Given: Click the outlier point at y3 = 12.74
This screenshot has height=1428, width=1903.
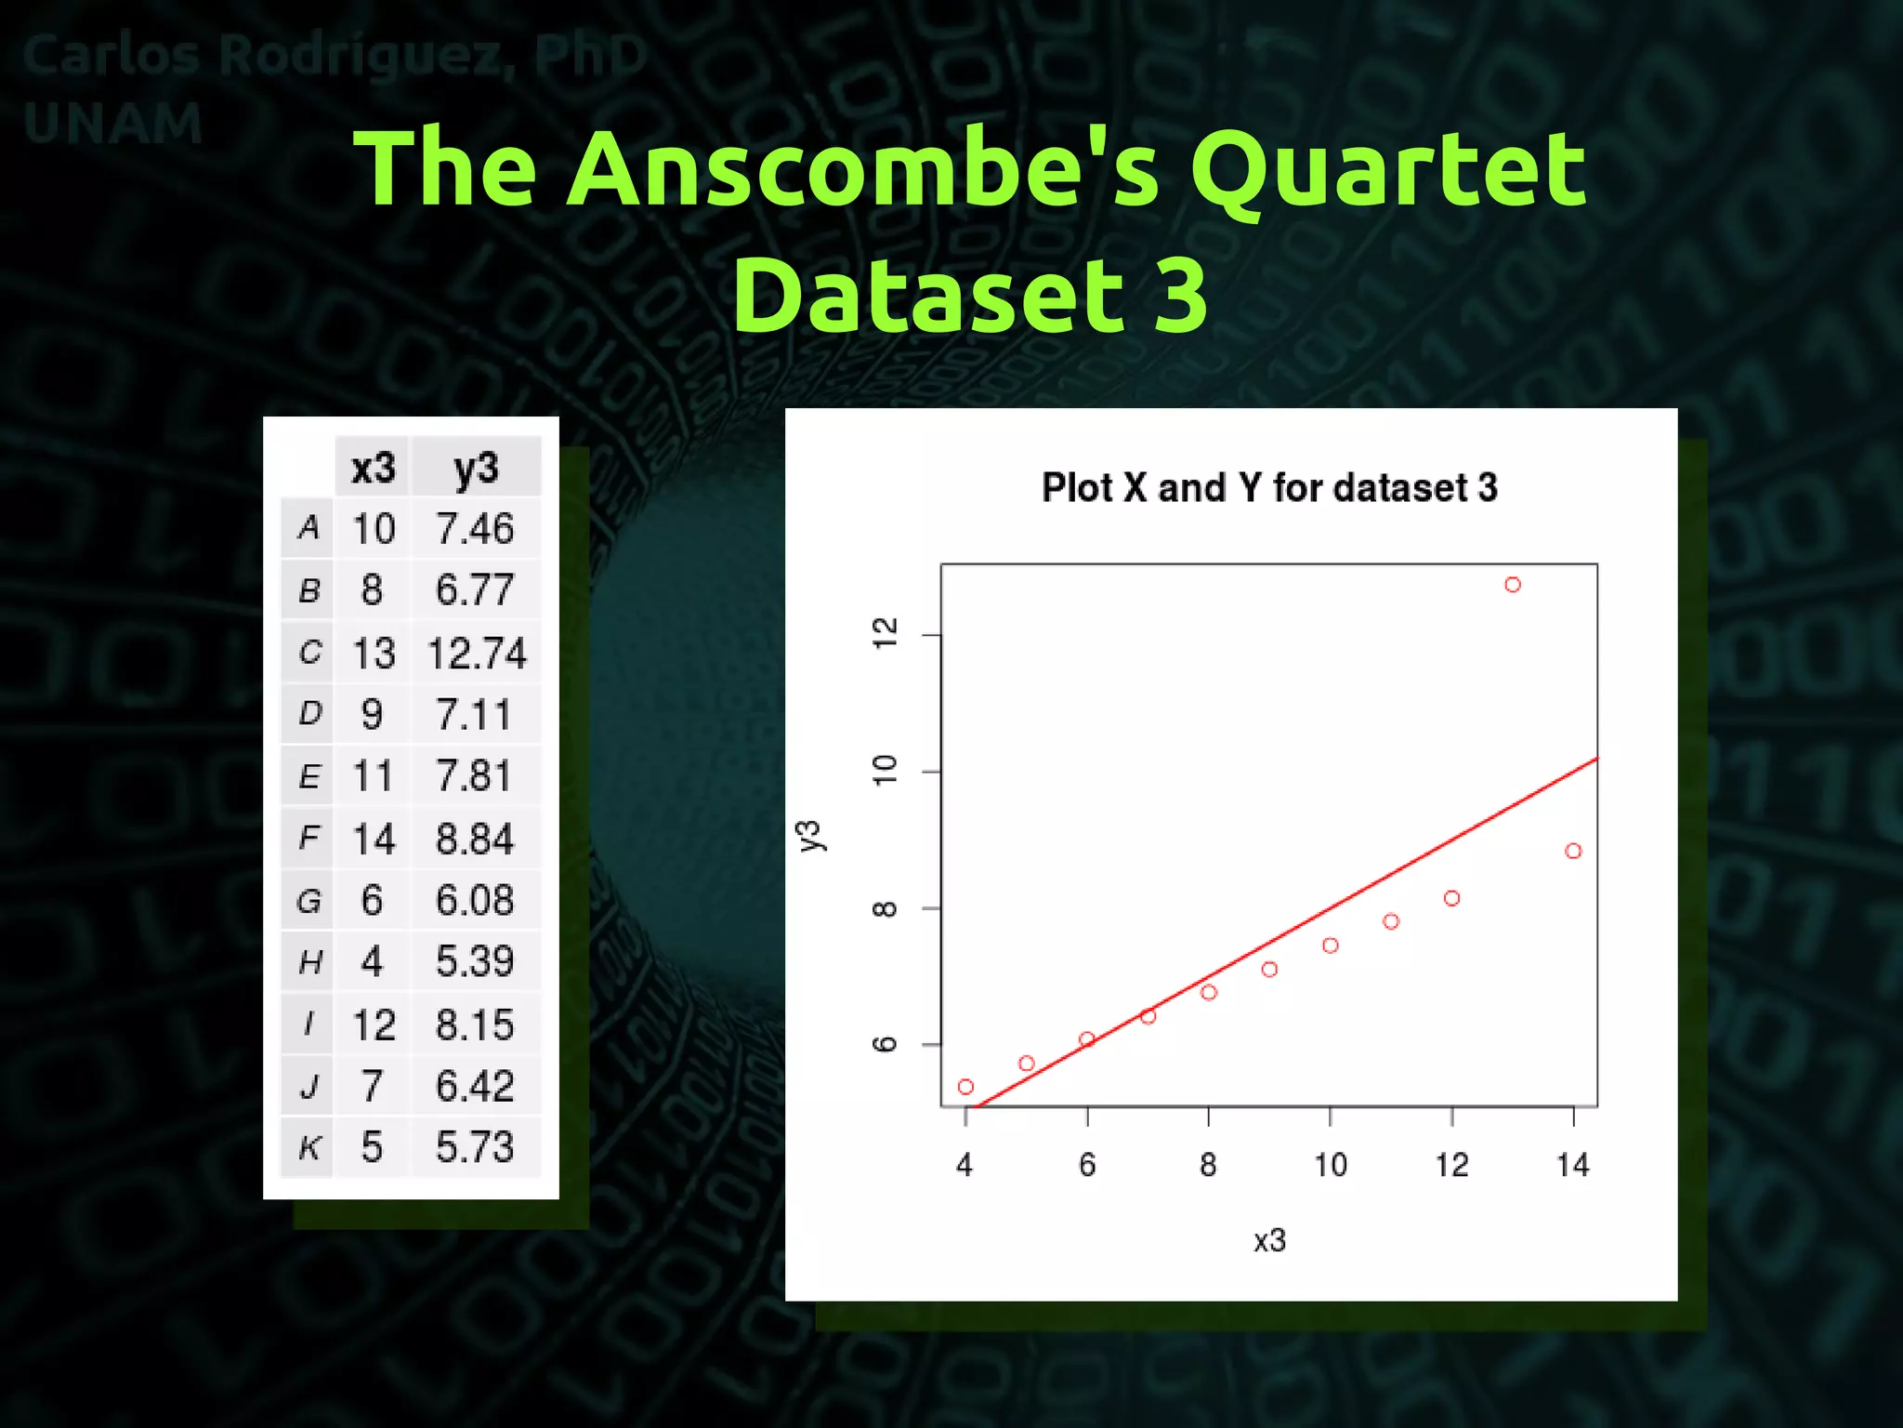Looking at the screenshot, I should (x=1512, y=585).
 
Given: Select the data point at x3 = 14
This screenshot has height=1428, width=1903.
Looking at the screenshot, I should (x=1572, y=851).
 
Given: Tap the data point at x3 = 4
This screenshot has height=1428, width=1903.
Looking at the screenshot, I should (x=965, y=1087).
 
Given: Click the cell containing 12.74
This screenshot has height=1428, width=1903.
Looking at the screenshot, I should (x=477, y=653).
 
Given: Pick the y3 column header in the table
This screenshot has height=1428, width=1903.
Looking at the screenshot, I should (x=476, y=468).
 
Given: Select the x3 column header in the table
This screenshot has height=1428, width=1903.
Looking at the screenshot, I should (x=373, y=468).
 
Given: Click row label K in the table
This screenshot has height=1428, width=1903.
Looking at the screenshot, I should (x=308, y=1148).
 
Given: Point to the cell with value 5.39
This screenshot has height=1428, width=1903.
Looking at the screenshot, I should (x=475, y=961).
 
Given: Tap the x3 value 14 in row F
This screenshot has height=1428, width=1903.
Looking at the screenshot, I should (x=373, y=840).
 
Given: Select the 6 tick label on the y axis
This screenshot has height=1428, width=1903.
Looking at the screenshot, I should (x=886, y=1044).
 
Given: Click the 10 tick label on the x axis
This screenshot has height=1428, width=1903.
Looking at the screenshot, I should (x=1330, y=1165).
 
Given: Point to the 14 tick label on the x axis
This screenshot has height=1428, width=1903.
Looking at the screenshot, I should (x=1572, y=1165).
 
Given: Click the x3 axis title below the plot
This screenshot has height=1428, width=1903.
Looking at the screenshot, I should (x=1269, y=1240).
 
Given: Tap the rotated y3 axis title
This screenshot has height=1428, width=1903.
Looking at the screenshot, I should (x=811, y=835).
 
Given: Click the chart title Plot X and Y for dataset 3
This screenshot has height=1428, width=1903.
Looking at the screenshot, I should (x=1269, y=488).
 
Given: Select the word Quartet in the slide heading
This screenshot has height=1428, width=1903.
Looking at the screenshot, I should (x=1388, y=169).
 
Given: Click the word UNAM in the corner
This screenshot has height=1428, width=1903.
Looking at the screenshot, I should (x=112, y=124).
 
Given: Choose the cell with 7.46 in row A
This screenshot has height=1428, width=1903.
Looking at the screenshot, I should (x=475, y=529).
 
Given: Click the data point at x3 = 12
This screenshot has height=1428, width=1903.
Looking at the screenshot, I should (x=1451, y=898).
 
